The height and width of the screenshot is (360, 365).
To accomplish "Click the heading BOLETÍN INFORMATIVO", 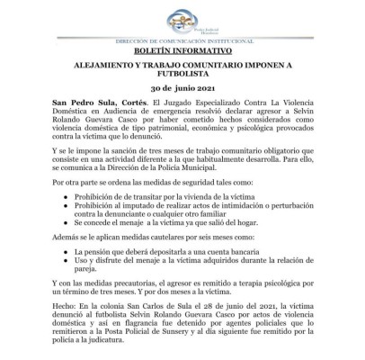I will (182, 54).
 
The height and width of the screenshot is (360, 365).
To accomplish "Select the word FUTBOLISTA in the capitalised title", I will (182, 80).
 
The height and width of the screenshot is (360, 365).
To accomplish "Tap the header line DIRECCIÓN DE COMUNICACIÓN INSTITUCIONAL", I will (182, 42).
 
